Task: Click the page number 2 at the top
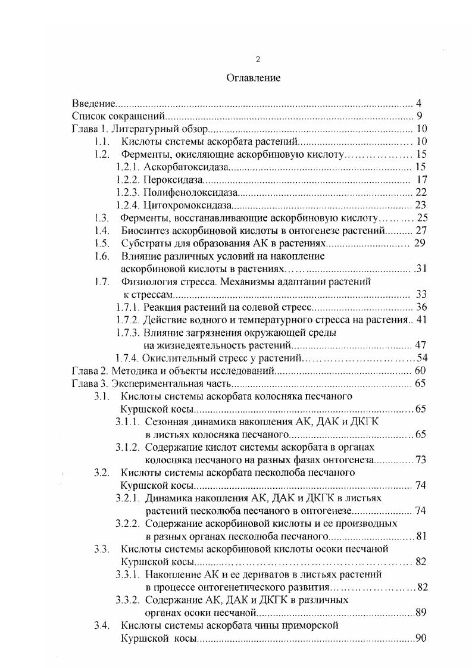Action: pos(257,59)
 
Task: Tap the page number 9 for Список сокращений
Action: pos(420,116)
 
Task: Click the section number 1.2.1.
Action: pos(127,167)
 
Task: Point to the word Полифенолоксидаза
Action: pos(190,193)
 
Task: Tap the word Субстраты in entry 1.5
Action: pos(143,244)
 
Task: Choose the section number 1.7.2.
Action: pos(127,320)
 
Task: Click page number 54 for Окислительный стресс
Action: pos(423,358)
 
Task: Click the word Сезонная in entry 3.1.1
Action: pos(164,422)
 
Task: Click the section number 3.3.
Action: pos(101,548)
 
